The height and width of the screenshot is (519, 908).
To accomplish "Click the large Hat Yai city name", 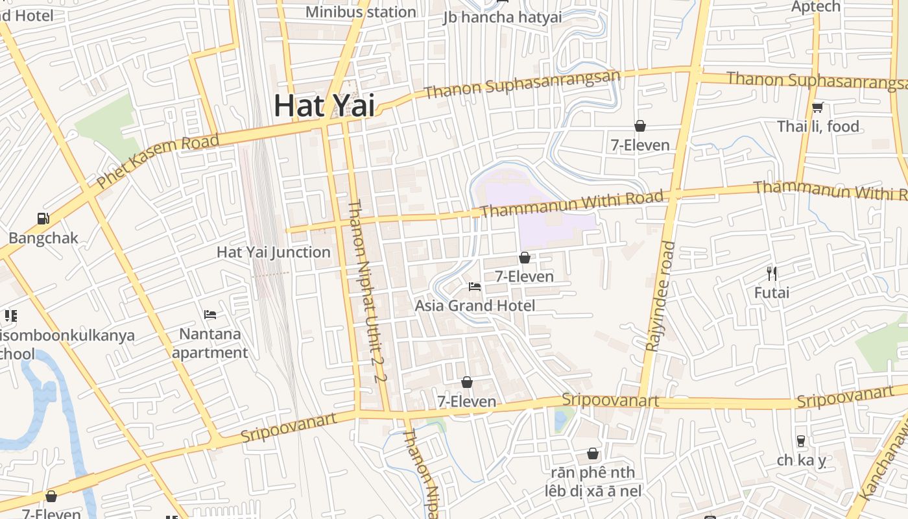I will (x=324, y=105).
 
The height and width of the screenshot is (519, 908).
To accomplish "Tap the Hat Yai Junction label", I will (x=274, y=252).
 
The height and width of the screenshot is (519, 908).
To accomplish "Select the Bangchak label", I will (x=43, y=237).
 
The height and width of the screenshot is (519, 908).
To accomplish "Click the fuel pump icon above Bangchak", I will (x=43, y=219).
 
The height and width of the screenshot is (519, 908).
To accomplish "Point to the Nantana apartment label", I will (x=210, y=343).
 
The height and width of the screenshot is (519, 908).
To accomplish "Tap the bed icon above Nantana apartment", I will (x=210, y=315).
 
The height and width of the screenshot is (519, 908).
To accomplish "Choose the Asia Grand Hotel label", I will (x=475, y=305).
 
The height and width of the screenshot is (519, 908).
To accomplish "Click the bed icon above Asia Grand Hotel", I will (x=475, y=286).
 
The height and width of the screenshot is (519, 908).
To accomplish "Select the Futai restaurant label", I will (x=772, y=293).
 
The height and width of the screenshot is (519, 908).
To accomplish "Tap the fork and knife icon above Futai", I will (x=772, y=273).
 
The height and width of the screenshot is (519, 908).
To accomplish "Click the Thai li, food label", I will (x=818, y=126).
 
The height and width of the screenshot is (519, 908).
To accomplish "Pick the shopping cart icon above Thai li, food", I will (x=818, y=107).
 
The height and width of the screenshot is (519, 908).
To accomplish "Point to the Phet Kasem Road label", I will (x=158, y=162).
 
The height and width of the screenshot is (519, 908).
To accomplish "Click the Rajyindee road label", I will (x=661, y=296).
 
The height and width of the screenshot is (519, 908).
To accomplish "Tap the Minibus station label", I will (x=361, y=12).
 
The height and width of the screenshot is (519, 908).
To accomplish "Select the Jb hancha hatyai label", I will (x=503, y=17).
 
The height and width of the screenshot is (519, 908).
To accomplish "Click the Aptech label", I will (x=816, y=6).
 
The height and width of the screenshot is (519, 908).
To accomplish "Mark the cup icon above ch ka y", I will (x=801, y=441).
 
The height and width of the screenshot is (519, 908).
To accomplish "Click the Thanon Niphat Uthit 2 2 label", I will (x=367, y=291).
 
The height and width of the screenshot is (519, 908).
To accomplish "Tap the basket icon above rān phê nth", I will (x=593, y=453).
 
